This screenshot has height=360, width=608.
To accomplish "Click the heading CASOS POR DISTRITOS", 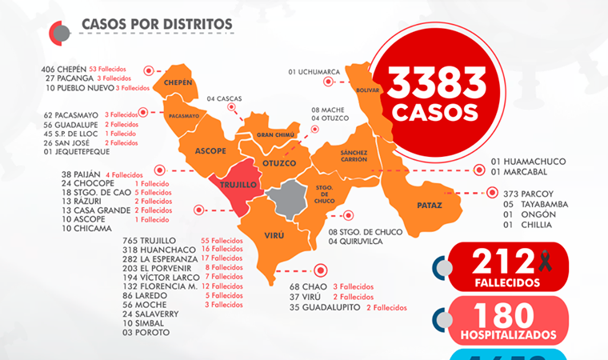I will [x=157, y=25].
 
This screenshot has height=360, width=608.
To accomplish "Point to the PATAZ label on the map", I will [x=429, y=206].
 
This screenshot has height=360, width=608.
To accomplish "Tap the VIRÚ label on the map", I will [x=274, y=235].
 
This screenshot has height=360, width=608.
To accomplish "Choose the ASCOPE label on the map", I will [x=211, y=150].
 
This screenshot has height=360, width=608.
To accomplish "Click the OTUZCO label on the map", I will [x=279, y=163].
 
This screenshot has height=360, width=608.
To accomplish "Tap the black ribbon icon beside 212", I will [x=546, y=260].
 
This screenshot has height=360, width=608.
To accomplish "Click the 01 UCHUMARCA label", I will [x=314, y=72].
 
